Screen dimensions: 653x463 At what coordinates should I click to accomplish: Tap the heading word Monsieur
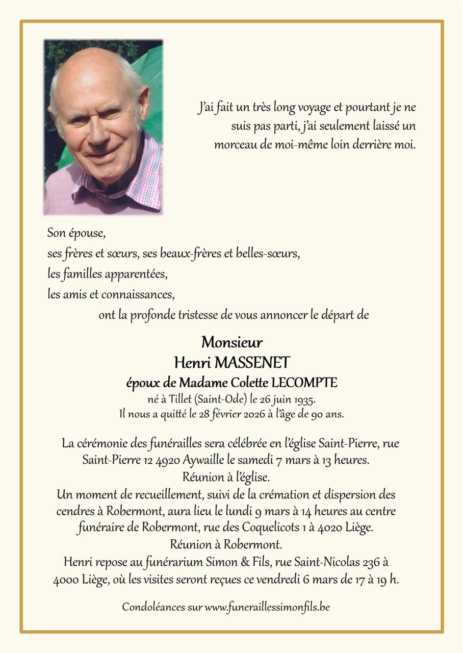pos(231,342)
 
